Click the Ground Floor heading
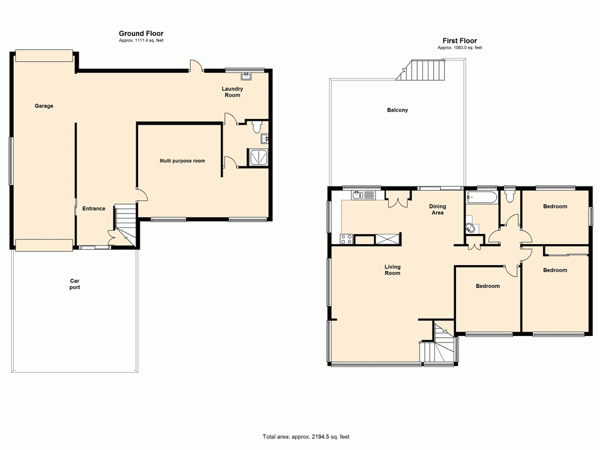[x=141, y=34]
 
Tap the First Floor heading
[x=460, y=41]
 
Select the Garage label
[x=44, y=106]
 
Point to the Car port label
[x=74, y=284]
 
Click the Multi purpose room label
[x=182, y=161]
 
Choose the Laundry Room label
[x=232, y=92]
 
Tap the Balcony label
[x=397, y=110]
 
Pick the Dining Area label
[x=437, y=209]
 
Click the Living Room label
[x=392, y=270]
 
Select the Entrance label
[x=94, y=209]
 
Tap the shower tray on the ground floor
[x=259, y=157]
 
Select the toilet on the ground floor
[x=257, y=127]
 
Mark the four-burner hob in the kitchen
[x=347, y=239]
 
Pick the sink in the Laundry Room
[x=247, y=76]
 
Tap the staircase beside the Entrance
[x=126, y=221]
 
